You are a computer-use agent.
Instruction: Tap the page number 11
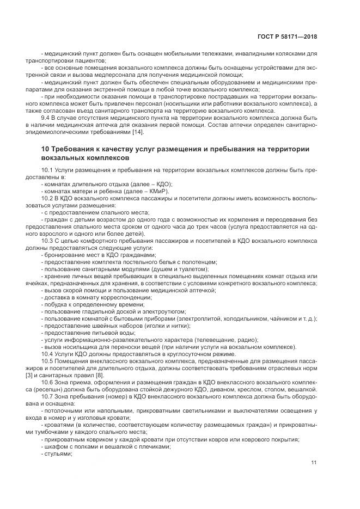(x=314, y=463)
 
